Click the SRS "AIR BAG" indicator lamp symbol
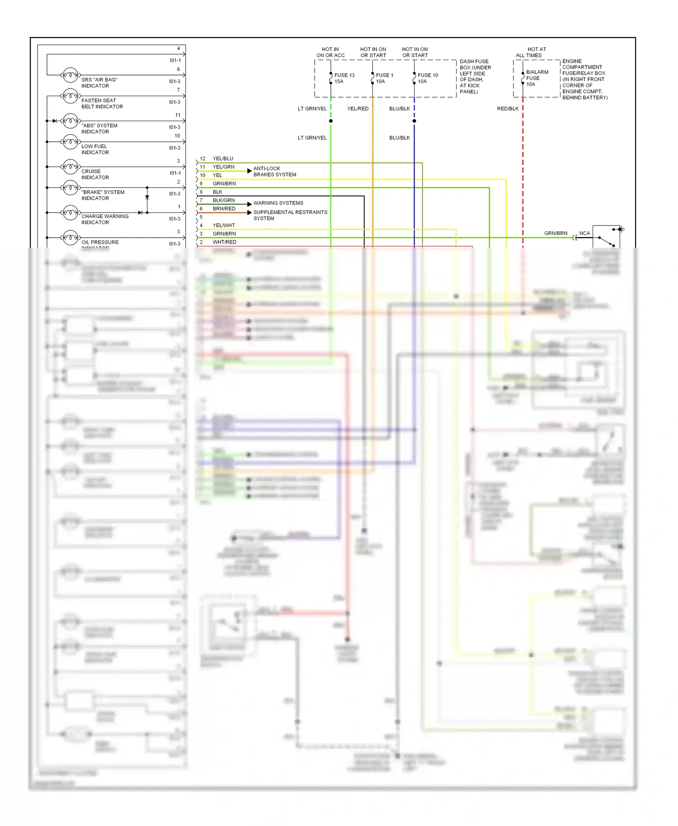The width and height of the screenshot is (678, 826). coord(70,75)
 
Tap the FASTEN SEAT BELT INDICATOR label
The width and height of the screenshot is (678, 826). coord(102,103)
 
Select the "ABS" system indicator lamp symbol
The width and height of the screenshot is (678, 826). coord(70,121)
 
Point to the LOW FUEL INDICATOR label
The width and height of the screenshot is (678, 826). coord(95,149)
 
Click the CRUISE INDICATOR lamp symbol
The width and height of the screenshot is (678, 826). coord(70,167)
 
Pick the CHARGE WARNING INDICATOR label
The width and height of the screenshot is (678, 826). coord(105,219)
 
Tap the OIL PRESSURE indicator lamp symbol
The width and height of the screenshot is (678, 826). coord(70,237)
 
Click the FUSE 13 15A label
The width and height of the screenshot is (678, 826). coord(344,78)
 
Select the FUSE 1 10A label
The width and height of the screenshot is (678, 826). coord(385,78)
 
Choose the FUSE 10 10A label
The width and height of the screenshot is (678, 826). coord(428,78)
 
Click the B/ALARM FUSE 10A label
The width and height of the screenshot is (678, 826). coord(537,78)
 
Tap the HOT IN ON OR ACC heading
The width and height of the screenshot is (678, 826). coord(330,52)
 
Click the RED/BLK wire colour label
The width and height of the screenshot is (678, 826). coord(508,108)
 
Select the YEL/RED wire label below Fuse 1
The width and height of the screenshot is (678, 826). coord(358,108)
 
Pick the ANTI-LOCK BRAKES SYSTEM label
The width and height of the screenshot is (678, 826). coord(275,171)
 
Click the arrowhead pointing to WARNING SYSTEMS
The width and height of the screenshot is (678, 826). coord(250,204)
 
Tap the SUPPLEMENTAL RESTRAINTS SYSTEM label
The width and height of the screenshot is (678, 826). coord(290,215)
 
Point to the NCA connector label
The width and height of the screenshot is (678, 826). coord(584,233)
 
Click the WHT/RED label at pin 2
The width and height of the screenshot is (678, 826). coord(224,242)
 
